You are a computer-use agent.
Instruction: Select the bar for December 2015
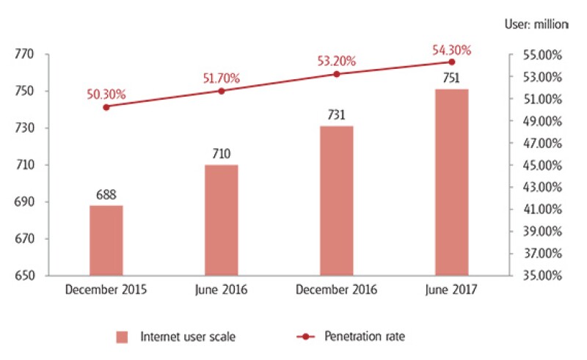pos(106,240)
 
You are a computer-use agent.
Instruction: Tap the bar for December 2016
pos(336,201)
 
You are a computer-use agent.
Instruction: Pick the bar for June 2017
pos(451,183)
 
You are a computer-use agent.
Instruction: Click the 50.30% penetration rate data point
pos(106,107)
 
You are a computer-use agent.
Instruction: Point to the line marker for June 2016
pos(221,91)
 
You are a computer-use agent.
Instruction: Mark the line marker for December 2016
pos(336,74)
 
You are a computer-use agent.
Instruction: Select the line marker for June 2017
pos(451,62)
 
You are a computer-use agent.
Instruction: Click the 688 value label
pos(106,195)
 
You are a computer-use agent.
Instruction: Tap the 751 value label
pos(451,79)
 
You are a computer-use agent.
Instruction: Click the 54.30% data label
pos(451,50)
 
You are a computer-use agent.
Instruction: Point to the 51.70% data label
pos(221,78)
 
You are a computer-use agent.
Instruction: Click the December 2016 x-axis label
pos(336,290)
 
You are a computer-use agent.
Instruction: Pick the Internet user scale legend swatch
pos(123,337)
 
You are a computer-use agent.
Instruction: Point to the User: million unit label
pos(536,24)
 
